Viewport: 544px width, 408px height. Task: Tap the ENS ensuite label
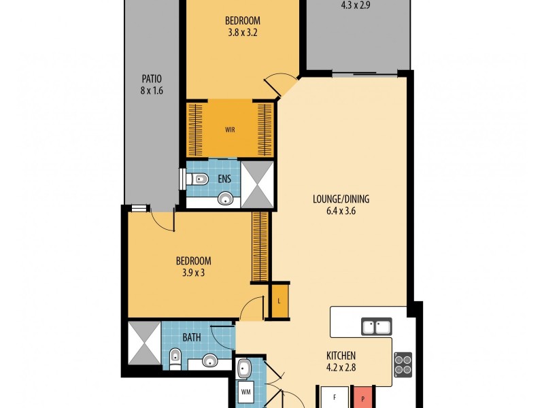223,180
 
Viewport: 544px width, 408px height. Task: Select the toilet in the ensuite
197,180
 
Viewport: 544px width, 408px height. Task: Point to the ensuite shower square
257,184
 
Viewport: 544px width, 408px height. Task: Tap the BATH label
191,337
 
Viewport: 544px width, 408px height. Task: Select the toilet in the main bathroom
175,359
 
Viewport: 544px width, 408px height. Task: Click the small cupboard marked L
279,301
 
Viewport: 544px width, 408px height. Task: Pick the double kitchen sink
376,328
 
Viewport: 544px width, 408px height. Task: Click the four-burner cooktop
404,364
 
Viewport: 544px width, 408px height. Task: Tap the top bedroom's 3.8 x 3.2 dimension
243,31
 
